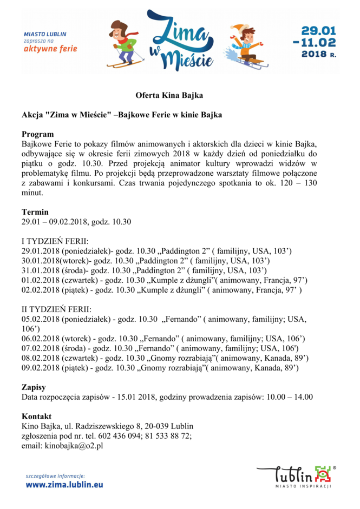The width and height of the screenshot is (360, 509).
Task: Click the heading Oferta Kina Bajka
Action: pyautogui.click(x=168, y=96)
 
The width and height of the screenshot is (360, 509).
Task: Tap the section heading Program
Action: pyautogui.click(x=37, y=134)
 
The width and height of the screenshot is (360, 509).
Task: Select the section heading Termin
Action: pyautogui.click(x=35, y=212)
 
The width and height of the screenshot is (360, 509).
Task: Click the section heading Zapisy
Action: pyautogui.click(x=34, y=387)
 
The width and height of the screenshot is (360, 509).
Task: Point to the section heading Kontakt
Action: pyautogui.click(x=37, y=417)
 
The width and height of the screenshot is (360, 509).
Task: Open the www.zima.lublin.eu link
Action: pyautogui.click(x=64, y=485)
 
